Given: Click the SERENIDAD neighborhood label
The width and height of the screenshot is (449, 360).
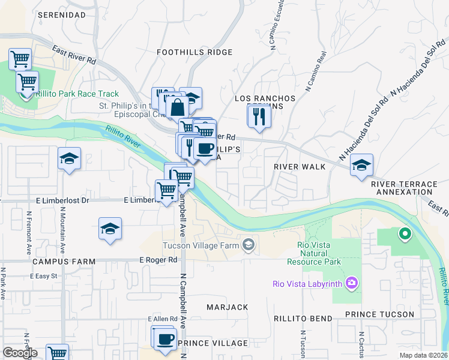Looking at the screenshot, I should [61, 14].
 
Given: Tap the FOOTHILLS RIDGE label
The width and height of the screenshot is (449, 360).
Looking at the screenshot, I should [194, 52].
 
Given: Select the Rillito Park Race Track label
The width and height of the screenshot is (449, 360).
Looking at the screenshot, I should [77, 94].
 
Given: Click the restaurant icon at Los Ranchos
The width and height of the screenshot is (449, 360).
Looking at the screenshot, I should [259, 115].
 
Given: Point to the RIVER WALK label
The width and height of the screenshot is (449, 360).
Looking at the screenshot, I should [299, 166].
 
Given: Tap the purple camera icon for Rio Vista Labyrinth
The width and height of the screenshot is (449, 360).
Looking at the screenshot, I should [352, 283].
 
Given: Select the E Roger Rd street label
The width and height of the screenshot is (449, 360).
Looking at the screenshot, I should [158, 260].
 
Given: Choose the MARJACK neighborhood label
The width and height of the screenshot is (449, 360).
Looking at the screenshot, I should [227, 307].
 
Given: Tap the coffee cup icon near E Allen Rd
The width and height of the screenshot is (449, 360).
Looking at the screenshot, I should [163, 338].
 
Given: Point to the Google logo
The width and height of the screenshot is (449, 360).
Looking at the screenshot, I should [20, 353].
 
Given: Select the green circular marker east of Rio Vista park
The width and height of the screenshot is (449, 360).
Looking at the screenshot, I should [405, 233].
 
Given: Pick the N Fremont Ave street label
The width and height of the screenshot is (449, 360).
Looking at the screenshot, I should [28, 232].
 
